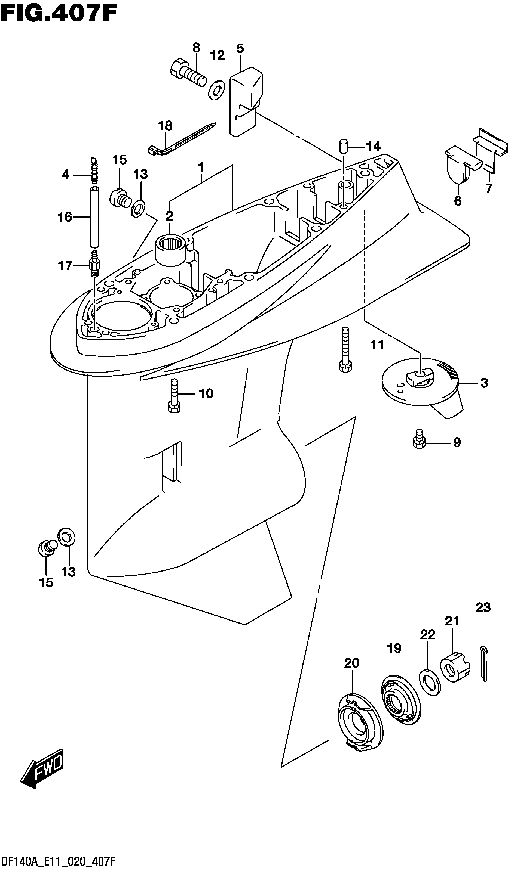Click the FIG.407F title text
pyautogui.click(x=59, y=14)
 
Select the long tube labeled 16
pyautogui.click(x=94, y=217)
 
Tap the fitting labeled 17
pyautogui.click(x=94, y=263)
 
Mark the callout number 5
pyautogui.click(x=240, y=48)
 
